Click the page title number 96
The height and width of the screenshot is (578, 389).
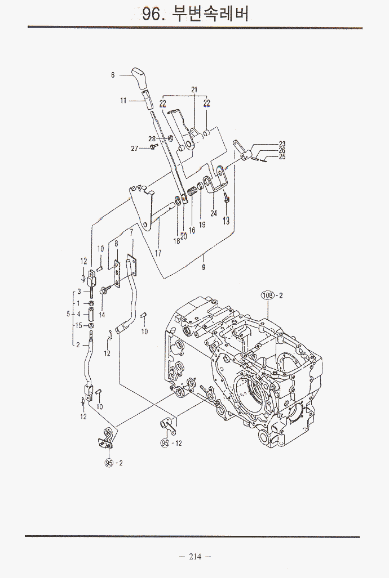tap(152, 14)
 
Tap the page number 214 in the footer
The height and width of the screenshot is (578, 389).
tap(195, 557)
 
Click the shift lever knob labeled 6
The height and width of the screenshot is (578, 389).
tap(139, 75)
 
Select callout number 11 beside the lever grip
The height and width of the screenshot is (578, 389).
tap(123, 101)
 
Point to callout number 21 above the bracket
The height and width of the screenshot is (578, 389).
tap(194, 89)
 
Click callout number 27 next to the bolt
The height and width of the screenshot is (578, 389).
tap(135, 148)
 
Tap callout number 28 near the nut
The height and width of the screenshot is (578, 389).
tap(152, 138)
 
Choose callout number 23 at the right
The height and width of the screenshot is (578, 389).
tap(282, 144)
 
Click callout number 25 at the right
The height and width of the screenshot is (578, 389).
tap(282, 157)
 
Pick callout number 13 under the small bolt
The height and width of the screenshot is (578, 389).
tap(226, 221)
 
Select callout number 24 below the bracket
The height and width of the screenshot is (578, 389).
tap(214, 213)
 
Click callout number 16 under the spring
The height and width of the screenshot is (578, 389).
tap(192, 230)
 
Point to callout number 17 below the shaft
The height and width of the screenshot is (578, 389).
tap(158, 253)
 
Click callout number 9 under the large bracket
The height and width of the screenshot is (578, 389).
tap(204, 267)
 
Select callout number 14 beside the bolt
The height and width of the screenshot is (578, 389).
tap(101, 315)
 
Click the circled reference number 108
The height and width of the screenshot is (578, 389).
tap(267, 295)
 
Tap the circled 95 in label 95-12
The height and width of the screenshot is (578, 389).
tap(165, 443)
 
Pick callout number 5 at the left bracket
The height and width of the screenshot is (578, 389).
tap(68, 314)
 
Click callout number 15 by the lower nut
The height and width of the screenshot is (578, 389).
tap(78, 325)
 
